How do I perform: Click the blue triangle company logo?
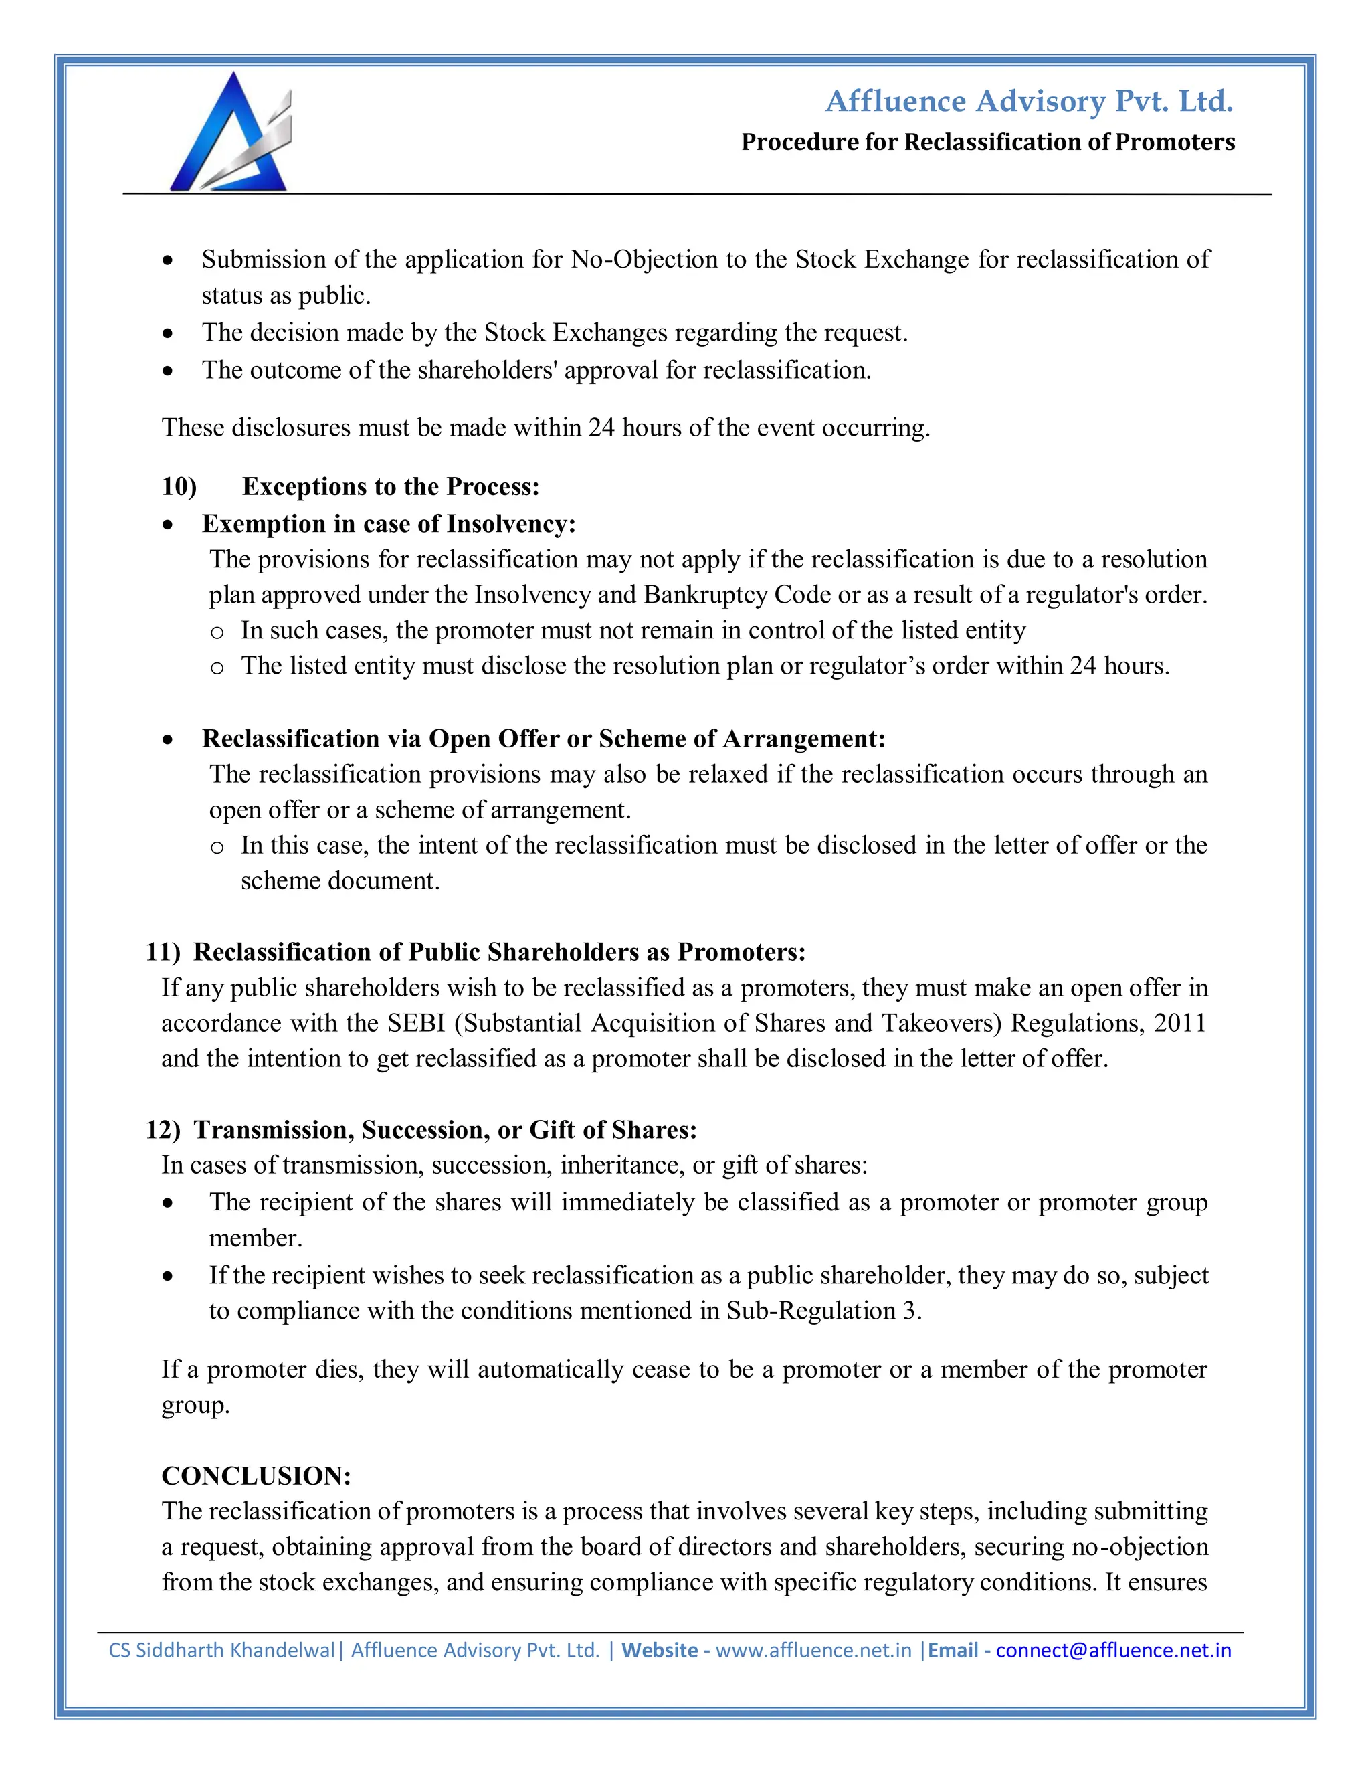click(229, 133)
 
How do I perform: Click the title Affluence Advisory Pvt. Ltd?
click(1029, 102)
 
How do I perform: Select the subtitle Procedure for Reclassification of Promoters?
click(988, 143)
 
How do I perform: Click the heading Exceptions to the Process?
click(391, 486)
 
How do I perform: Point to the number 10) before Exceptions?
click(179, 486)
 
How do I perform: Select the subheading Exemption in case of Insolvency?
click(389, 524)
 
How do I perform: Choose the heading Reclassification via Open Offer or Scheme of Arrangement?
click(543, 739)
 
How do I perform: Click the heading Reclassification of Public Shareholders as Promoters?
click(499, 951)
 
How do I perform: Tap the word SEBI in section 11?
click(415, 1023)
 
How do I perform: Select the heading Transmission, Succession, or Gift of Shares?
click(445, 1130)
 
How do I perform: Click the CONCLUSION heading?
click(256, 1475)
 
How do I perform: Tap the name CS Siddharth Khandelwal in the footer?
click(221, 1651)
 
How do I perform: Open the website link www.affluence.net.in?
click(813, 1651)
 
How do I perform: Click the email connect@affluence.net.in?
click(1114, 1651)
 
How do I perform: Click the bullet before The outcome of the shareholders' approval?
click(167, 371)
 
